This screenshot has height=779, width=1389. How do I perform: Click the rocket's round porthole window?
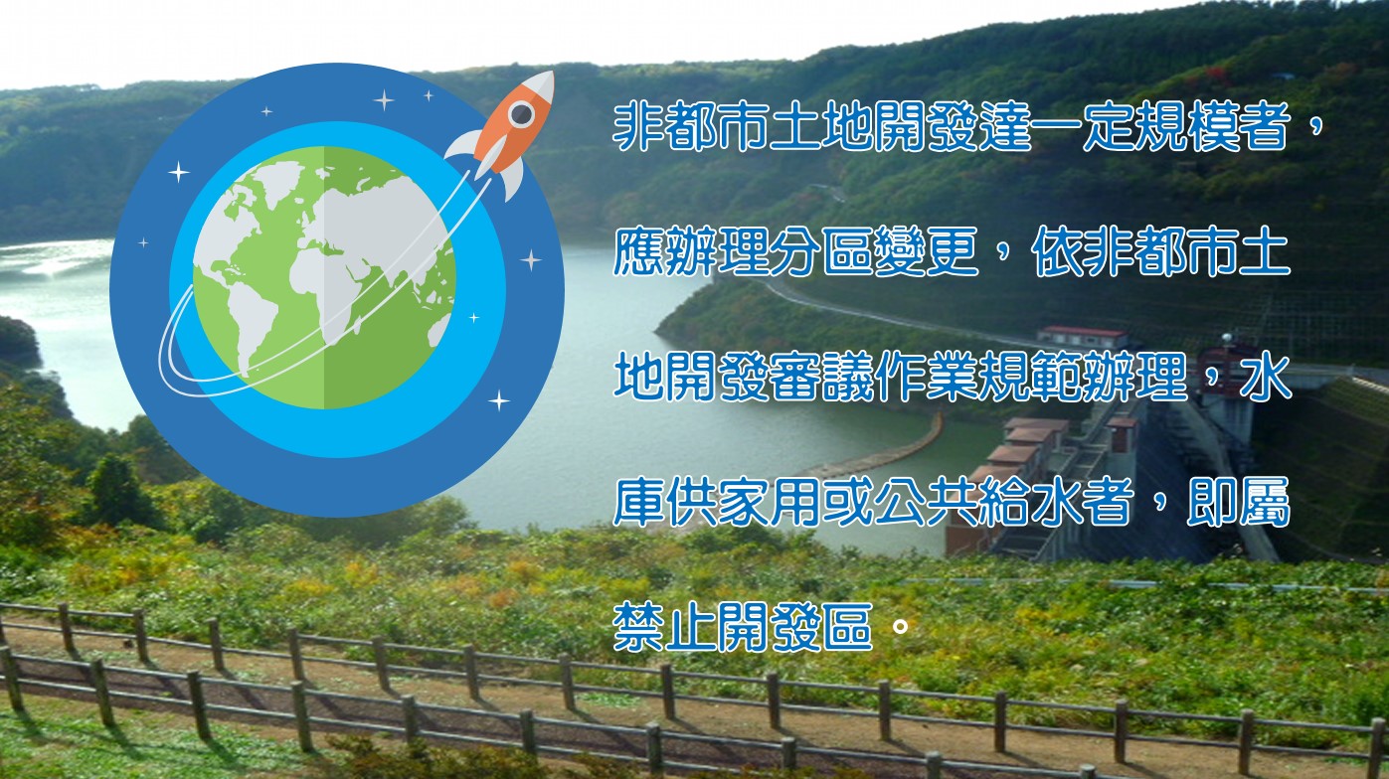coord(521,114)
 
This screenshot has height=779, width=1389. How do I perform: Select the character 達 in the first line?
coord(1005,126)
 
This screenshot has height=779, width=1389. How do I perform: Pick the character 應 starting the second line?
coord(638,251)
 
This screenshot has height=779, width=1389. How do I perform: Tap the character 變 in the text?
coord(899,251)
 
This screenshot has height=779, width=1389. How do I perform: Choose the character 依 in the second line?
coord(1057,251)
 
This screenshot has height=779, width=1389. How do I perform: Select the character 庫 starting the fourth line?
coord(638,502)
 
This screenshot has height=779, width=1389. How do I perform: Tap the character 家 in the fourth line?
coord(743,502)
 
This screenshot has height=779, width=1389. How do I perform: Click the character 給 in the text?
coord(1004,502)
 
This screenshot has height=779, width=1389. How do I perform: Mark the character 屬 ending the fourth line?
coord(1266,502)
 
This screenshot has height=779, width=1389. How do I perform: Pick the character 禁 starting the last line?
coord(638,627)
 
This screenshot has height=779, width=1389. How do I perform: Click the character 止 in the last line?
coord(691,627)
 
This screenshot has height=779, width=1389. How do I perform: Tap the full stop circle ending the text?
coord(900,627)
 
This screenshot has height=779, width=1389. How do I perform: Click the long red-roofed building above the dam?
coord(1082,337)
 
